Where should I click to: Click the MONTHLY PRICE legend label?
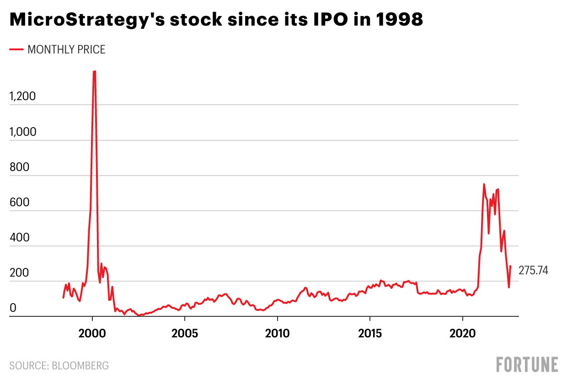[67, 49]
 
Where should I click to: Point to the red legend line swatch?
[16, 49]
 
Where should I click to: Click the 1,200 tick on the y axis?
[22, 97]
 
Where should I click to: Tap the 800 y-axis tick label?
[19, 167]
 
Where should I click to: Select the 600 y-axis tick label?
[19, 203]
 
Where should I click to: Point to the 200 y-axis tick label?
[19, 273]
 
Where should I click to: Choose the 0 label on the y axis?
[13, 309]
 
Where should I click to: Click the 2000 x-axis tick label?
[92, 333]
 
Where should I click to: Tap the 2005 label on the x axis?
[185, 333]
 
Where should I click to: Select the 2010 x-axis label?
[277, 333]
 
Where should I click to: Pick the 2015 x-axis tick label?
[370, 333]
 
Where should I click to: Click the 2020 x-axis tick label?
[462, 333]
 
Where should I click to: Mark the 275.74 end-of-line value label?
[533, 271]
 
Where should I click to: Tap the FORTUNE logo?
[527, 365]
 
